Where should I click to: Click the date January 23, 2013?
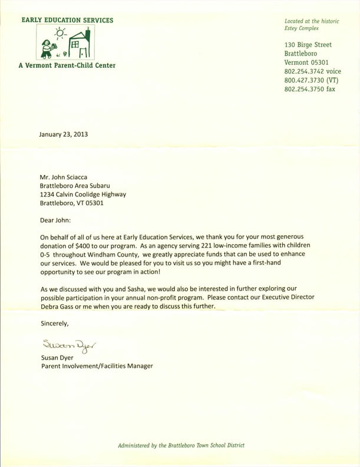pyautogui.click(x=63, y=134)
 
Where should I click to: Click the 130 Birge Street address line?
pyautogui.click(x=308, y=45)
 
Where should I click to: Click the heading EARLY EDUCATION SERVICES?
pyautogui.click(x=67, y=20)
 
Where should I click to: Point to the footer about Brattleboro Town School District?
pyautogui.click(x=181, y=445)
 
